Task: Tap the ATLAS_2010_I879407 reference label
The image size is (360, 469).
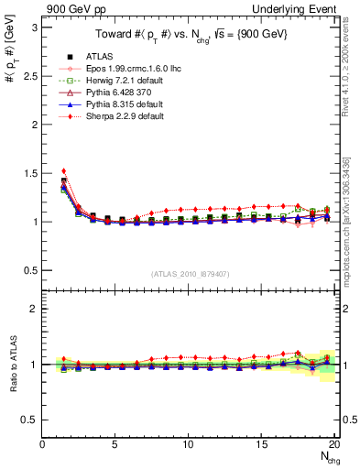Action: click(189, 274)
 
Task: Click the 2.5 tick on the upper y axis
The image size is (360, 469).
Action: click(30, 76)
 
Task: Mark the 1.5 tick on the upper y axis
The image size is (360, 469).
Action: click(30, 173)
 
